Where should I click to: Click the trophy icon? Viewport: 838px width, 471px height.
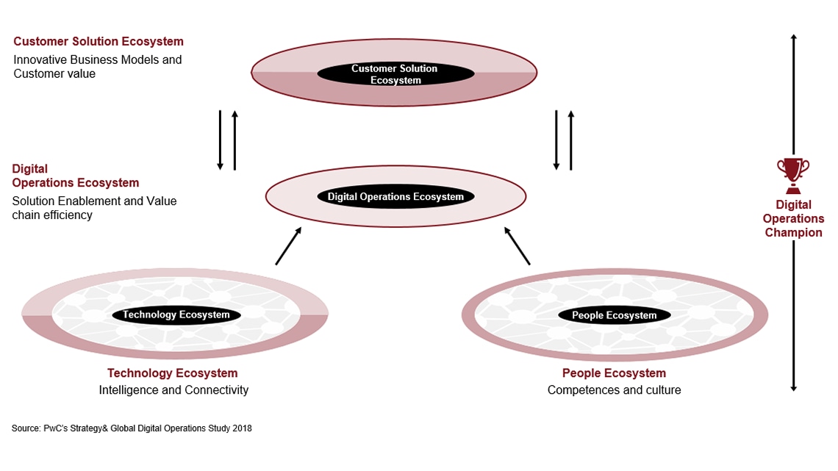[x=793, y=173]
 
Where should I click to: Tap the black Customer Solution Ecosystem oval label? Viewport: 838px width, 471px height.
[x=395, y=74]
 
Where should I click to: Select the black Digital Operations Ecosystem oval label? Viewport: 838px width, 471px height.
[x=395, y=197]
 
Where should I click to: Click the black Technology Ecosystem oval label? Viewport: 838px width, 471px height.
[x=176, y=314]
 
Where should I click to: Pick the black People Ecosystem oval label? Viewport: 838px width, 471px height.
[x=615, y=315]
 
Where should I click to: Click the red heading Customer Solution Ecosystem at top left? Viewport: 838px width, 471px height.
[x=99, y=42]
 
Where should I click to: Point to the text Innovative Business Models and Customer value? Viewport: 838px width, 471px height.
[x=97, y=66]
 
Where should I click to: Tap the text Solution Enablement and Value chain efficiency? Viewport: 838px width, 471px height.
[x=94, y=208]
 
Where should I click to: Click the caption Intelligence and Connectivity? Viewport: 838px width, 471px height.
[x=173, y=390]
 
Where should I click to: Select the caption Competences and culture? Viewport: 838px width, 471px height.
[x=614, y=390]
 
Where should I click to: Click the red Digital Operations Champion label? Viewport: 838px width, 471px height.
[x=793, y=218]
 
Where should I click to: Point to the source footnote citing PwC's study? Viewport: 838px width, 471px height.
[x=132, y=428]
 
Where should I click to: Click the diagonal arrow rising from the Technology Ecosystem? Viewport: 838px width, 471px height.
[x=288, y=245]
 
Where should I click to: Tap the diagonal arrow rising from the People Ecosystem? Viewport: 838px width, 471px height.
[x=516, y=245]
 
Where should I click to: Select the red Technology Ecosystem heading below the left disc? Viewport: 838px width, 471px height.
[x=173, y=373]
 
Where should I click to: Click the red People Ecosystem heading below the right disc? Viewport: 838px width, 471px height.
[x=614, y=373]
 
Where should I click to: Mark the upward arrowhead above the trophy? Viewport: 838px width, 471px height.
[x=793, y=37]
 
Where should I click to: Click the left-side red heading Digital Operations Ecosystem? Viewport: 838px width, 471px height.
[x=75, y=176]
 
